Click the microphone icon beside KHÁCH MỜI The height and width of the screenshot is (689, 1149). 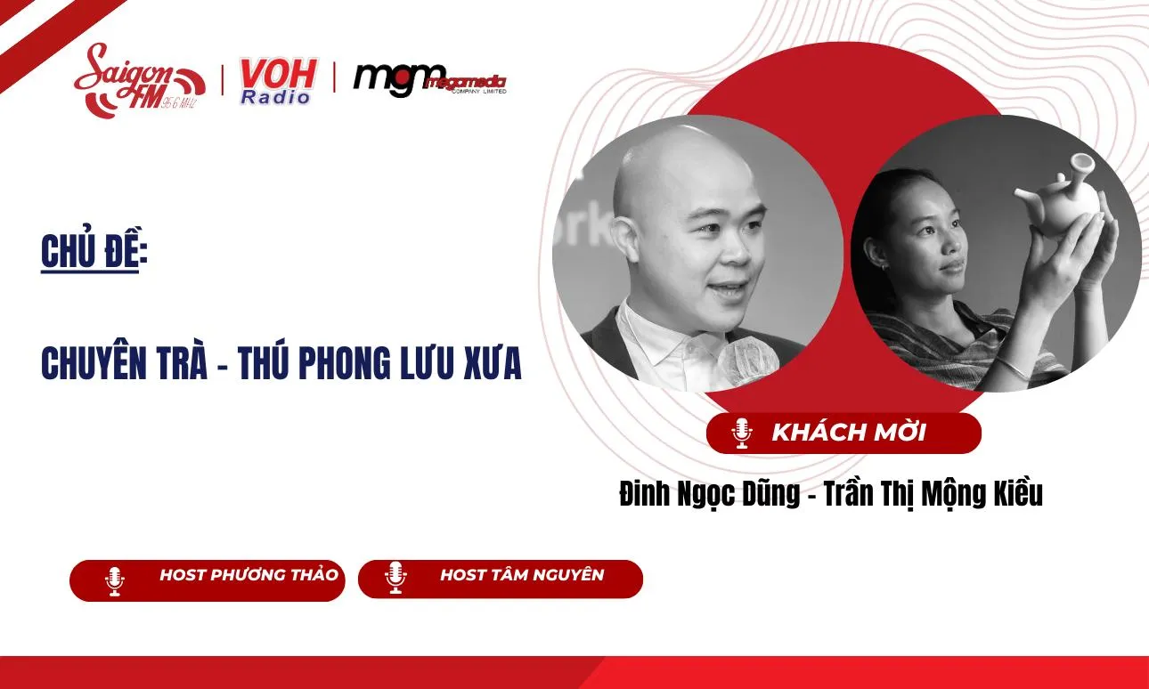point(741,434)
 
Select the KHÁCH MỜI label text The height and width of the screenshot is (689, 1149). point(848,433)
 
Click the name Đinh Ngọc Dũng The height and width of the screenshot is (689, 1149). point(709,494)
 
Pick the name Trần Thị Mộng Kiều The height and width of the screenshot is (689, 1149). point(933,494)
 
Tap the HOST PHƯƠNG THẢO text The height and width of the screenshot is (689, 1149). point(249,575)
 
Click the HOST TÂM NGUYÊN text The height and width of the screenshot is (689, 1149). point(521,575)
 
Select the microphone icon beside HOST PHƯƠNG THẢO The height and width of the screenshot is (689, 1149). point(114,580)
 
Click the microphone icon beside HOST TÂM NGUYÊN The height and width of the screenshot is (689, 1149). point(395,579)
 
